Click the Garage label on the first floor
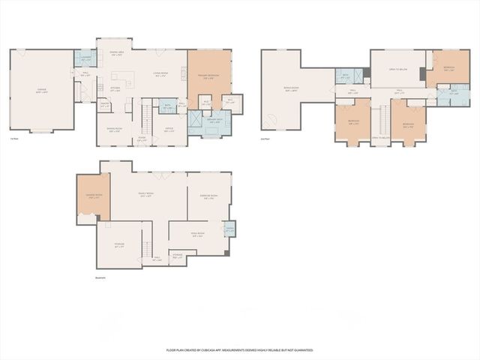point(41,90)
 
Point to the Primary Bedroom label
point(208,75)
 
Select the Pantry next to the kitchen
point(105,106)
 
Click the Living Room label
point(160,73)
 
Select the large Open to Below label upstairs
point(397,68)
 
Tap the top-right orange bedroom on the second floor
point(448,68)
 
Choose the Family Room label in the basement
point(145,195)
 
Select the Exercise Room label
point(208,197)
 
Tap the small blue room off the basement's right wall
point(229,229)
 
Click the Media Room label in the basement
point(196,235)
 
